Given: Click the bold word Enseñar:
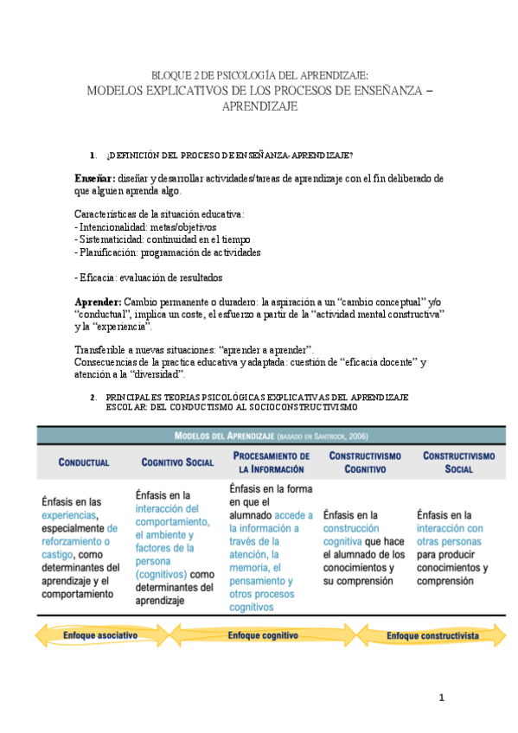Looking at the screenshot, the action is click(94, 177).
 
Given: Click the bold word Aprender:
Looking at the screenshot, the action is click(97, 302).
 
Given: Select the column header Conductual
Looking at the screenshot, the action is click(84, 462).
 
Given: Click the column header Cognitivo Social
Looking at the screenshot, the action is click(177, 462).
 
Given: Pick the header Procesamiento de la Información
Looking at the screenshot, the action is click(271, 462).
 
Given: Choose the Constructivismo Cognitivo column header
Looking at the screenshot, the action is click(364, 462).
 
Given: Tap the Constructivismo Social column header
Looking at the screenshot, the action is click(458, 462).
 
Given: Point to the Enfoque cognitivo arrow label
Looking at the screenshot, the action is click(263, 635).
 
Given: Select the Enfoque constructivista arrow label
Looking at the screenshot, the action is click(432, 635).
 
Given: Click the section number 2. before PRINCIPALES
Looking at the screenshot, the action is click(93, 397).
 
